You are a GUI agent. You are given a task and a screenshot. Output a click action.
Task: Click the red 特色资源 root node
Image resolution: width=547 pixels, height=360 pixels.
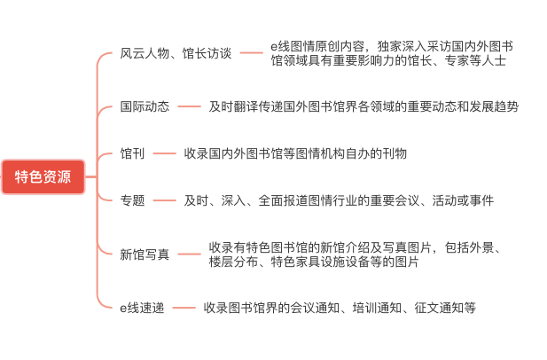[43, 176]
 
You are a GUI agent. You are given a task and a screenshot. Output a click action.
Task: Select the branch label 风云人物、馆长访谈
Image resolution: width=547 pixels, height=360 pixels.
[176, 53]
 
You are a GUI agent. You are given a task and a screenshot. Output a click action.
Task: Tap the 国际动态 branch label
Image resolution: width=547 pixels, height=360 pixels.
[145, 106]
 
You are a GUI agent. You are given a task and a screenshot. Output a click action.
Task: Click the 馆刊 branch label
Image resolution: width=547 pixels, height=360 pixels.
[132, 153]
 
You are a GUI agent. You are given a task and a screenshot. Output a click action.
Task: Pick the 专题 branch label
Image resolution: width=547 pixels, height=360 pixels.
[132, 200]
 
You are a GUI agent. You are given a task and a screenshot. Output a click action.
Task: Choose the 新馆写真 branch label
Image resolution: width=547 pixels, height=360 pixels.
[145, 254]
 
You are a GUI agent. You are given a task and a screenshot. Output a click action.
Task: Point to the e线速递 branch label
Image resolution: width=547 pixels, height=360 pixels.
[142, 308]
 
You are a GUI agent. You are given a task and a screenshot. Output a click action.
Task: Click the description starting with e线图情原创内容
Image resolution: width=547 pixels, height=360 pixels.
[392, 53]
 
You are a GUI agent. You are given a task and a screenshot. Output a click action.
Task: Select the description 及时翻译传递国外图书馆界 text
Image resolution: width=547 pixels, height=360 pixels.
[363, 106]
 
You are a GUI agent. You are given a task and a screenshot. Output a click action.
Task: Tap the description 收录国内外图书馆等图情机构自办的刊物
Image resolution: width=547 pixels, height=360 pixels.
[295, 153]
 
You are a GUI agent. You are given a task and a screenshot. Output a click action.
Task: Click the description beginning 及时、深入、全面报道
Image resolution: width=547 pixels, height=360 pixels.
[339, 200]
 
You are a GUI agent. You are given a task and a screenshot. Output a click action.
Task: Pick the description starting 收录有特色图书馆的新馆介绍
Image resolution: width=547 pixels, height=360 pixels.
[355, 254]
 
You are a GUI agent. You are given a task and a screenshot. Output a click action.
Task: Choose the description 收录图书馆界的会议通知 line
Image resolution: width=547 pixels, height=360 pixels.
[340, 308]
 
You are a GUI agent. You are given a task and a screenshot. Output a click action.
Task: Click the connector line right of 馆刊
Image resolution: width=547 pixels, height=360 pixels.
[164, 153]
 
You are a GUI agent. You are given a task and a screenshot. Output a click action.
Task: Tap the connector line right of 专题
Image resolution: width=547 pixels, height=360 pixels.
[164, 200]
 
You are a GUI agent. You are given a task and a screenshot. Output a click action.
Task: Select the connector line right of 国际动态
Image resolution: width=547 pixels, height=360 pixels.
[189, 106]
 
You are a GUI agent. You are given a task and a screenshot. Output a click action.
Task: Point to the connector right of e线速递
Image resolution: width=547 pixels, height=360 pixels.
[184, 308]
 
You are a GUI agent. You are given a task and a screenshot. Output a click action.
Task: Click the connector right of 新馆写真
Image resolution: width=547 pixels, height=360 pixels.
[189, 254]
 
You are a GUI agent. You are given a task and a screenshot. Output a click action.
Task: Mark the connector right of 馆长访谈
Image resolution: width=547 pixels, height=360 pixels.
[251, 53]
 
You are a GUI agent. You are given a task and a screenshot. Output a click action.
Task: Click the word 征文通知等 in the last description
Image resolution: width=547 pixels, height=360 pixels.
[445, 308]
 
